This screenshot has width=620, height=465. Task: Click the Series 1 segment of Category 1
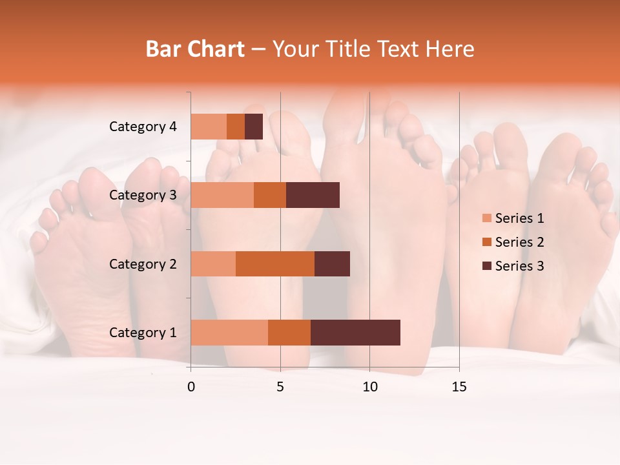(229, 332)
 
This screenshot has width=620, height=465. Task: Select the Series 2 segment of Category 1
(289, 332)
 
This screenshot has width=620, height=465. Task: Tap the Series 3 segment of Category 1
(355, 332)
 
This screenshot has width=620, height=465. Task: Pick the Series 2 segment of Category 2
(275, 263)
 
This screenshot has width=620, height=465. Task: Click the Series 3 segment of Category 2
(332, 263)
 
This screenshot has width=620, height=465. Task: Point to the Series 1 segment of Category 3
(222, 195)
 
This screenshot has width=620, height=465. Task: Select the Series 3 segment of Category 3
(313, 195)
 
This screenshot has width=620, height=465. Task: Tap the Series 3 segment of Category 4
(254, 127)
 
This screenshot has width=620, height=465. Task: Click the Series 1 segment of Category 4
(209, 127)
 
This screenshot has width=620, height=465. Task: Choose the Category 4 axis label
(143, 127)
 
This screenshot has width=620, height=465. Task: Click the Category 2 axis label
(143, 263)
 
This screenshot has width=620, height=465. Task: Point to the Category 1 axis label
(143, 333)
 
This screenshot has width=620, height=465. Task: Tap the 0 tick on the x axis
(191, 387)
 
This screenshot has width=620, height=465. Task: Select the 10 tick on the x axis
(369, 387)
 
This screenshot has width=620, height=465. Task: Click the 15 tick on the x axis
(459, 387)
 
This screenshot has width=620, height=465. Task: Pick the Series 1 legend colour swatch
(486, 218)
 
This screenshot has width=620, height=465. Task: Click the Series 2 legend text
(519, 242)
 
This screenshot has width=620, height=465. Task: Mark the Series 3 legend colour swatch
(486, 266)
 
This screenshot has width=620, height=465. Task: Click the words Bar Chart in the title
(195, 49)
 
